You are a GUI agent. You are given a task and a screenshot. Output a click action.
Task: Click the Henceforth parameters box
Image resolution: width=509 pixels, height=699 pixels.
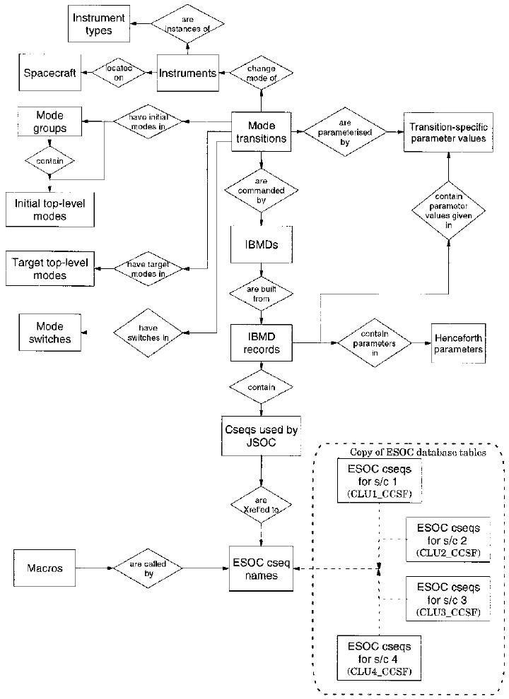pyautogui.click(x=458, y=344)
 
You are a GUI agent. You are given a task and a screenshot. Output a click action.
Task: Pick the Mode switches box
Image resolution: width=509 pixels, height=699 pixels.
pyautogui.click(x=50, y=332)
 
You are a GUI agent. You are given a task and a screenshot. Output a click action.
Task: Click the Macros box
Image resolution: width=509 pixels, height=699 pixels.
pyautogui.click(x=44, y=568)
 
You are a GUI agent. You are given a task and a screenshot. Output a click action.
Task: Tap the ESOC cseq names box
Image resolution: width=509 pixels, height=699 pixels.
pyautogui.click(x=262, y=568)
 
